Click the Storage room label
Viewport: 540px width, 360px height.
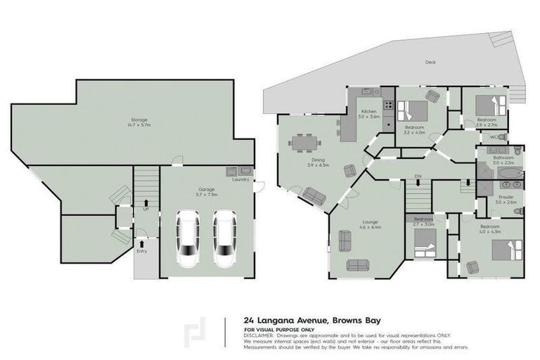133,122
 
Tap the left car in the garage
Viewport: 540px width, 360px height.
188,239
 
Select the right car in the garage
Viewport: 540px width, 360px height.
226,239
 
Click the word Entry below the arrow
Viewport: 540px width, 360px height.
141,251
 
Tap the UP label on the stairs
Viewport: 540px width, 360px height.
146,209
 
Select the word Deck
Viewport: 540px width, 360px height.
430,62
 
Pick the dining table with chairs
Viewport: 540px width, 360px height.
303,143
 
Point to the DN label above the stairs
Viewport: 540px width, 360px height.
417,174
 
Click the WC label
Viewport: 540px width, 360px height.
494,137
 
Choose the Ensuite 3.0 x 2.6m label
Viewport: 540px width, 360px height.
506,200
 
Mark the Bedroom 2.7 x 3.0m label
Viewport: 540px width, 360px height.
423,221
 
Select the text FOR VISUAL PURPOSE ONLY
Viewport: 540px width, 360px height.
278,328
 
